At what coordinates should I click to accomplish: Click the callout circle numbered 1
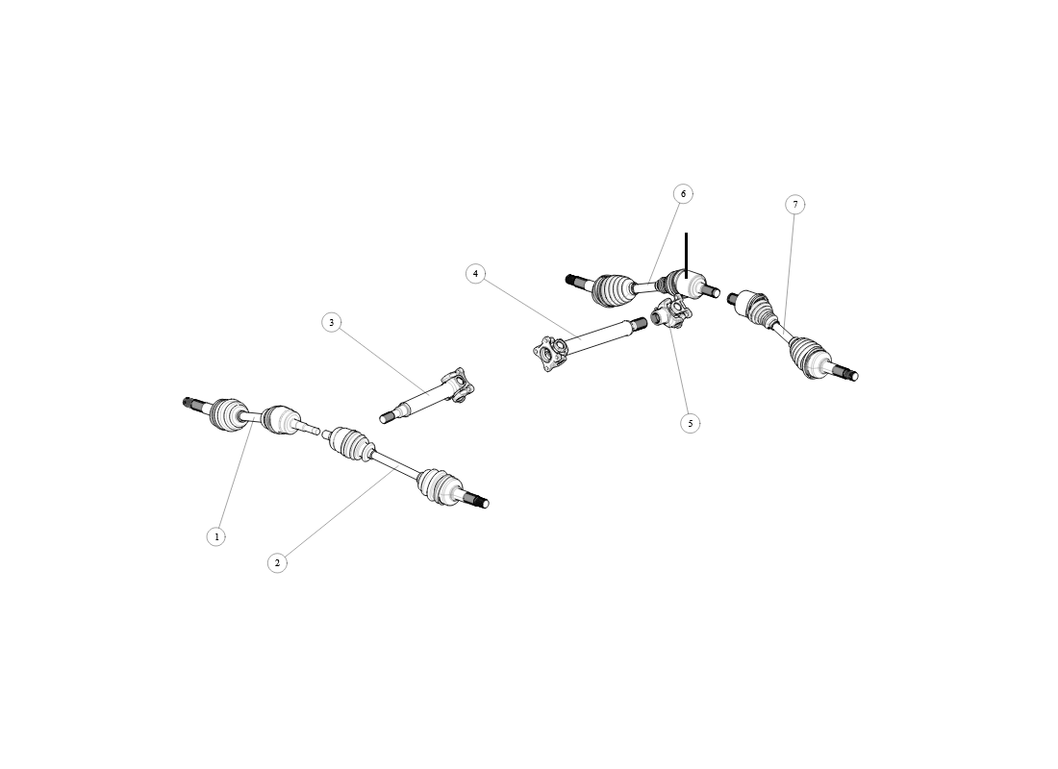(215, 537)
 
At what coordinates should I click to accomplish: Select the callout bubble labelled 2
(277, 563)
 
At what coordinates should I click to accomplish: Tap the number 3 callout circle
(331, 323)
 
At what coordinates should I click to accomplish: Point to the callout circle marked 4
(476, 274)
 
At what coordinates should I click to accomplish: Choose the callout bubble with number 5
(691, 424)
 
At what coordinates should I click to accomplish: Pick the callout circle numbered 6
(684, 194)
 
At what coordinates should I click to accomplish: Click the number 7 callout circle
(795, 205)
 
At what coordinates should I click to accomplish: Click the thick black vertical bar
(686, 255)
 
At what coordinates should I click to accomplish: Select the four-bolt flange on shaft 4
(550, 354)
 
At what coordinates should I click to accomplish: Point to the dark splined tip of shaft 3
(386, 418)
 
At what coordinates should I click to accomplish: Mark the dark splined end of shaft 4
(640, 324)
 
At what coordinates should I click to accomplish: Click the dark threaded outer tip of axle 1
(189, 403)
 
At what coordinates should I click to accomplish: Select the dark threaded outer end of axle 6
(572, 280)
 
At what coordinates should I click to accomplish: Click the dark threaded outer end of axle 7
(850, 374)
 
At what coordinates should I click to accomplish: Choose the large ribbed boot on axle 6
(613, 290)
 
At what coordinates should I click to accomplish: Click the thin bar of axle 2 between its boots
(395, 465)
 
